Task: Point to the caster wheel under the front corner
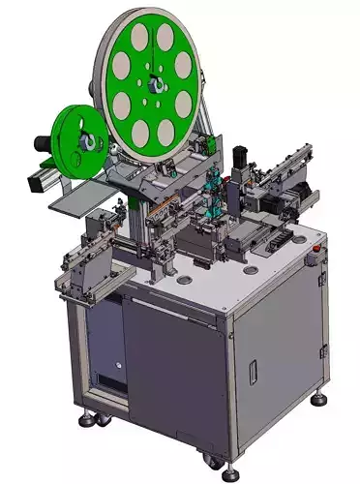click(228, 471)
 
